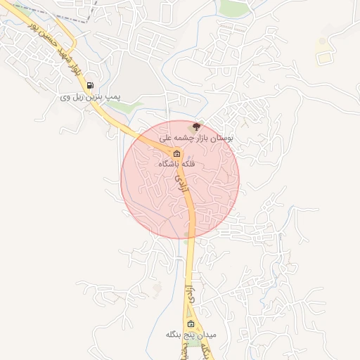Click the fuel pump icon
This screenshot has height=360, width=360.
90,86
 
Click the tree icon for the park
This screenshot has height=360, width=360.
196,127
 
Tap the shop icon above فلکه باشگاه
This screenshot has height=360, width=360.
176,154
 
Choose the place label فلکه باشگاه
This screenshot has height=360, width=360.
177,164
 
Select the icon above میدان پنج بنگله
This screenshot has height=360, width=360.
190,321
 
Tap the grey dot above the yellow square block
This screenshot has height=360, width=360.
323,41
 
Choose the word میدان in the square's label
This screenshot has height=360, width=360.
207,333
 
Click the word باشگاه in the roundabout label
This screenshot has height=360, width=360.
167,164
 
